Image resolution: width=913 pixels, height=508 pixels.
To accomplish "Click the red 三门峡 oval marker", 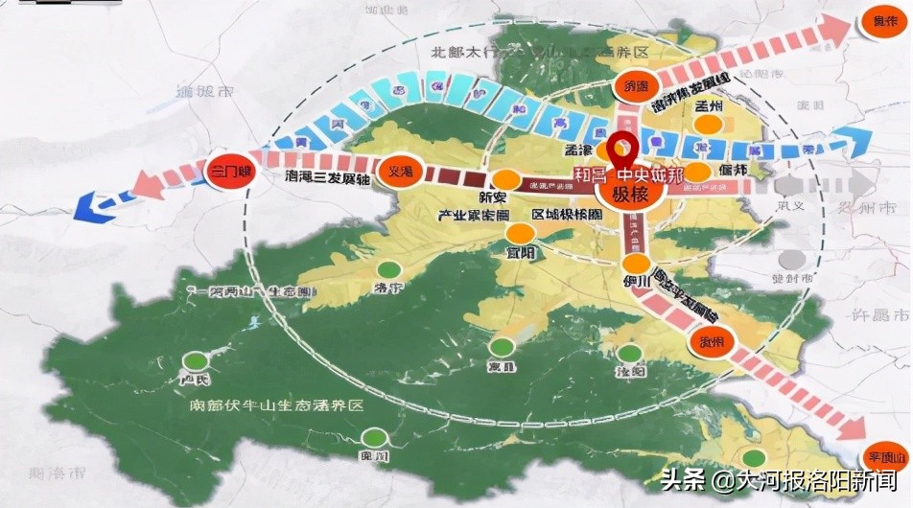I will [x=229, y=173].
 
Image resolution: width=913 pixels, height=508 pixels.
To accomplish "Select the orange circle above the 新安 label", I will [x=505, y=178].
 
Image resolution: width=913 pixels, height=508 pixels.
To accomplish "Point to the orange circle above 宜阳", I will [x=519, y=233].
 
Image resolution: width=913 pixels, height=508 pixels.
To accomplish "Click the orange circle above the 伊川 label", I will [x=634, y=265].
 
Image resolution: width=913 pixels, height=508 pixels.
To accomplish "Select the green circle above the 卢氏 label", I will [x=196, y=361].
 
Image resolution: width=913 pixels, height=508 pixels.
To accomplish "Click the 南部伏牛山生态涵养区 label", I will [x=277, y=405].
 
